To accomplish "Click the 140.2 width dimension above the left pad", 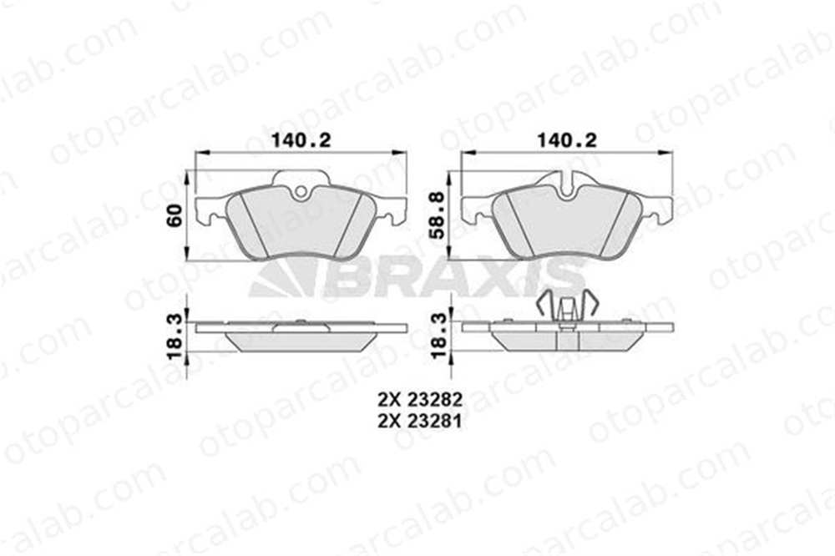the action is (301, 140).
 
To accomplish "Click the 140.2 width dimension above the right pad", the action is (567, 140).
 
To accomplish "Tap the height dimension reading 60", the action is (175, 215).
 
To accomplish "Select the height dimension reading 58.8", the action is (438, 215).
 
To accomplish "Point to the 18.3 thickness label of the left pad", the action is (175, 336).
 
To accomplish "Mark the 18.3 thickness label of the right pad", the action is (438, 336).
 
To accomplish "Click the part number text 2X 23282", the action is (419, 398).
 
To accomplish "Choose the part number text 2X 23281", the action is (419, 421).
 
